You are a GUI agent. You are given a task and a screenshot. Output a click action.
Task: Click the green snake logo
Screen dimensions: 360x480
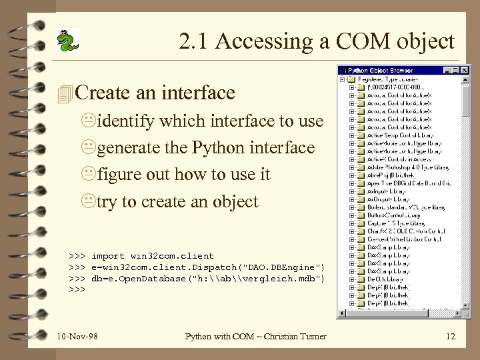[67, 41]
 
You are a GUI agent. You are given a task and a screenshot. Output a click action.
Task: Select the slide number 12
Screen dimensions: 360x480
[451, 336]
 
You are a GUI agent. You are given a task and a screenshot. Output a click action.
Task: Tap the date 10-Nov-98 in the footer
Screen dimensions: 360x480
[77, 336]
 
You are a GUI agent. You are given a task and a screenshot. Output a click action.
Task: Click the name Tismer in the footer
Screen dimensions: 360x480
[311, 336]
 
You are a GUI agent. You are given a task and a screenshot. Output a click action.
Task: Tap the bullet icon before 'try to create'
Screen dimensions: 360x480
[89, 202]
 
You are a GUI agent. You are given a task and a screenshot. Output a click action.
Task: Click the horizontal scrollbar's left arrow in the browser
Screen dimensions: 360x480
[341, 314]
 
